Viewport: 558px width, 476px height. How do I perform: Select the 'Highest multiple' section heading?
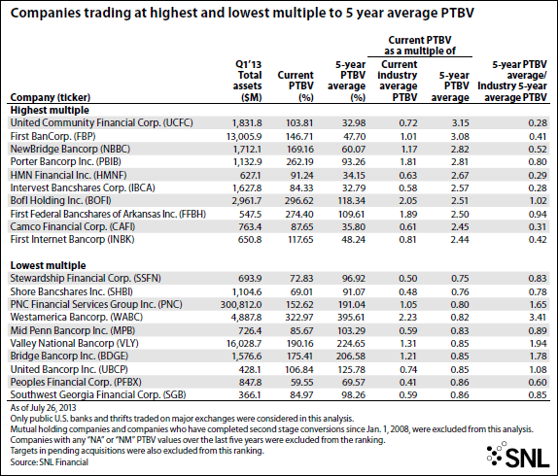pos(50,110)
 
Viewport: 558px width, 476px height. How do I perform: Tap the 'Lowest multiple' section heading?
pos(48,265)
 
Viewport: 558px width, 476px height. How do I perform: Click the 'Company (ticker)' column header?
pos(51,97)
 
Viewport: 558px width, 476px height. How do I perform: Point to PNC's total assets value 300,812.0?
pos(241,305)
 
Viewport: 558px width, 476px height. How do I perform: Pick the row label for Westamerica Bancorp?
pos(77,317)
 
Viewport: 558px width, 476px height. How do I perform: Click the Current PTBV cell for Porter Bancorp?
pos(299,162)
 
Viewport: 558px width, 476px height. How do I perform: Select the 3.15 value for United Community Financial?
pos(460,123)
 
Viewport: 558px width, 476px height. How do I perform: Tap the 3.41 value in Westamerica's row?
pos(538,318)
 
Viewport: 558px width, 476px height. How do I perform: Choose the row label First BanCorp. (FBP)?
pos(52,136)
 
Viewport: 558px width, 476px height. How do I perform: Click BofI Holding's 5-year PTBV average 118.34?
pos(351,201)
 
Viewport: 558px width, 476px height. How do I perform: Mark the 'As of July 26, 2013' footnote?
pos(43,407)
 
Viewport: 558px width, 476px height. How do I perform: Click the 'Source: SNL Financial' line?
pos(50,462)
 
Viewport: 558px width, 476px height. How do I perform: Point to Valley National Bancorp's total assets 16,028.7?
pos(244,344)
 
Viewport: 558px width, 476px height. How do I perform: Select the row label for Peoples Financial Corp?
pos(76,382)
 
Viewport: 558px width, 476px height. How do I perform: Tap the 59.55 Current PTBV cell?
pos(301,383)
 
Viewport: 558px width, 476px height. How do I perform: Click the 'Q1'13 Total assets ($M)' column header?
pos(248,81)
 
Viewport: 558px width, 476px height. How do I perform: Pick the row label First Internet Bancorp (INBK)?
pos(72,239)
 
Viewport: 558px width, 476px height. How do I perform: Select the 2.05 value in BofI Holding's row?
pos(408,201)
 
